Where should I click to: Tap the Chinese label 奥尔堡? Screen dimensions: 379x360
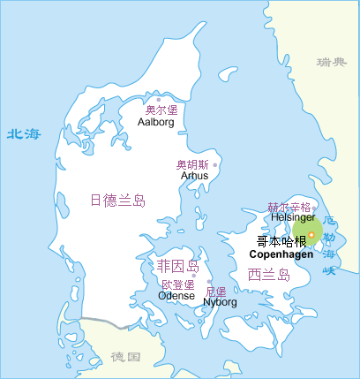161,110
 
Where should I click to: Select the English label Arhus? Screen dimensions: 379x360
194,176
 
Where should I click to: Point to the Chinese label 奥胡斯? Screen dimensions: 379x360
192,164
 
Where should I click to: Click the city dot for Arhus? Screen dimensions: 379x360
214,164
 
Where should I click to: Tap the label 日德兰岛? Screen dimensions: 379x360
117,200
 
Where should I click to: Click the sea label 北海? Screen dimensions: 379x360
24,134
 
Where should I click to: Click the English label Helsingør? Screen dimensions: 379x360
293,216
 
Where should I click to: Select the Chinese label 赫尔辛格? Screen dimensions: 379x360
289,207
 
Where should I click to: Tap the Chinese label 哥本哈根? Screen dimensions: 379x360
281,241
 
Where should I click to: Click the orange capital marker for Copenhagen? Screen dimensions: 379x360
311,234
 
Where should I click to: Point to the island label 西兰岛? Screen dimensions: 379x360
269,274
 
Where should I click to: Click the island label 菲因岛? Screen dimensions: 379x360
177,267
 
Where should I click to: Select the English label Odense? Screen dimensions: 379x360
176,296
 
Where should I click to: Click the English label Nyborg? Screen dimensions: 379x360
221,302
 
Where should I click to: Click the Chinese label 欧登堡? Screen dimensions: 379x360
177,284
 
